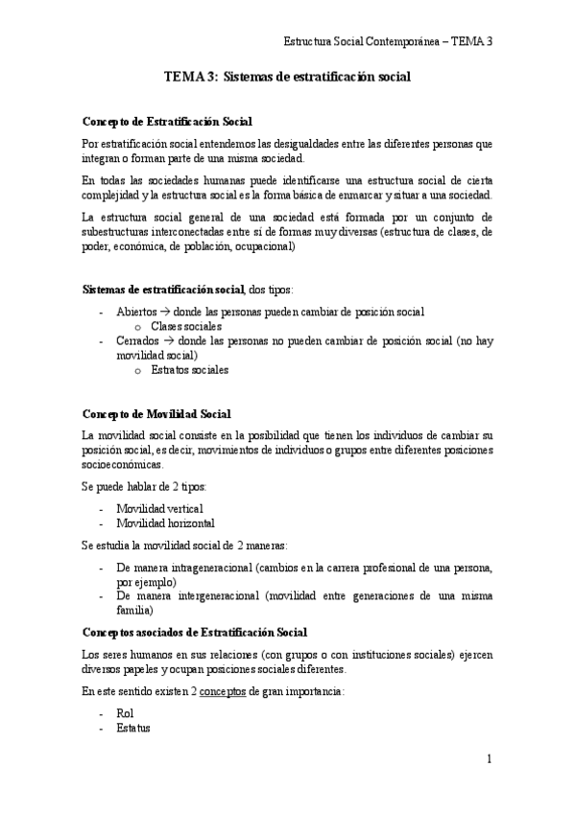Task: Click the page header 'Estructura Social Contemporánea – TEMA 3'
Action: [x=388, y=41]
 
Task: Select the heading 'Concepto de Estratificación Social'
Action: [x=167, y=122]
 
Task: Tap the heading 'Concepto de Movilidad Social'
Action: [x=156, y=414]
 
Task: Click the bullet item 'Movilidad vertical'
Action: [x=159, y=508]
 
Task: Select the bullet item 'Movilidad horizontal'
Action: [x=165, y=523]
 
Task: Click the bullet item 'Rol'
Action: [x=124, y=714]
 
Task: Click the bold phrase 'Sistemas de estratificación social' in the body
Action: [x=164, y=290]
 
